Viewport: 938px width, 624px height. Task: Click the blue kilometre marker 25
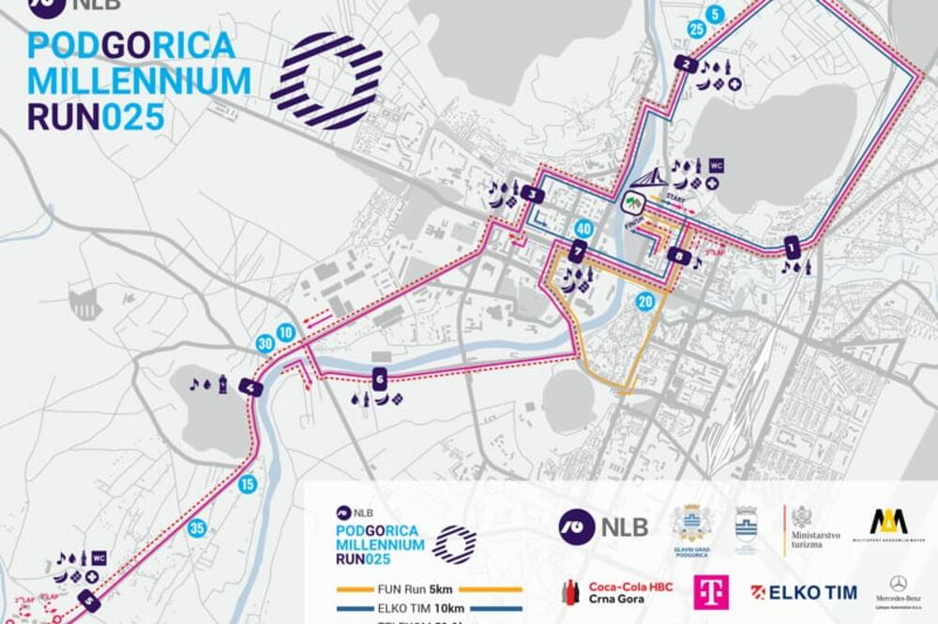tap(695, 29)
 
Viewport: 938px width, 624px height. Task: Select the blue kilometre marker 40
tap(583, 229)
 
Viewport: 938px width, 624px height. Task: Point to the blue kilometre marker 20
tap(643, 302)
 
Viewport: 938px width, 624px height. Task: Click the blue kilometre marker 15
tap(248, 484)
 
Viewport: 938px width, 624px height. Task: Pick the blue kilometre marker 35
tap(197, 528)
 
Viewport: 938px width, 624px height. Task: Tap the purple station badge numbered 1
tap(793, 248)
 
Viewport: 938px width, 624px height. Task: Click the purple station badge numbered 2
tap(687, 64)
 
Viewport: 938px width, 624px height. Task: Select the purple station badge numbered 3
tap(534, 195)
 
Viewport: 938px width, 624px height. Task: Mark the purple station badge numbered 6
tap(379, 379)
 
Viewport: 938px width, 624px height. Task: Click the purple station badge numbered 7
tap(578, 251)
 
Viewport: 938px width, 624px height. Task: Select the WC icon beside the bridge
tap(717, 165)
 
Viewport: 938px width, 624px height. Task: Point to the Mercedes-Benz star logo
tap(898, 583)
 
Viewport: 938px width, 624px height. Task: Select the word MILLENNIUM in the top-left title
tap(139, 81)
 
